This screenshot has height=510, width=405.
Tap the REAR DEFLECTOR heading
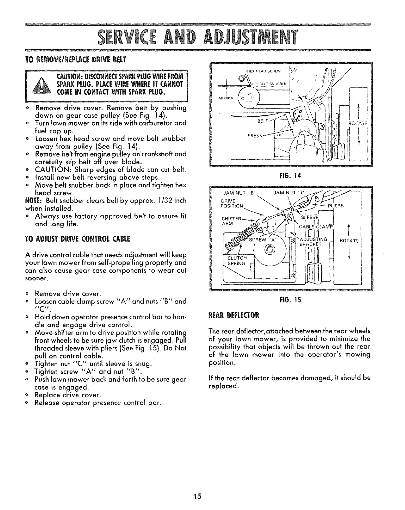[x=234, y=315]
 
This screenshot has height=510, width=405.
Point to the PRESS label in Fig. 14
[x=255, y=136]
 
